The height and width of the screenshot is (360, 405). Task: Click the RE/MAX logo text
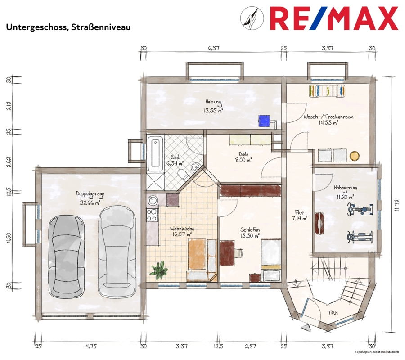334,18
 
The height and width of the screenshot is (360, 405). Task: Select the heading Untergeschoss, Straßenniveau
68,27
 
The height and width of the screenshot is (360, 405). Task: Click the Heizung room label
213,102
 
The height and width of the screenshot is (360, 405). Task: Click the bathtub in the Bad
155,153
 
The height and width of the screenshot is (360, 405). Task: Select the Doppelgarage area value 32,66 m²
90,203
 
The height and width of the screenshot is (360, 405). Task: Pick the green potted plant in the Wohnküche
158,270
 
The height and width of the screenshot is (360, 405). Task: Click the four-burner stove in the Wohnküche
153,215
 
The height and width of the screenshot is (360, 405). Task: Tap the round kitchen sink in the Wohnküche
153,200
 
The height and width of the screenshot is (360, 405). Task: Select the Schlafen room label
250,230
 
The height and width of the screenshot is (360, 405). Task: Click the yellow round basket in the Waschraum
355,156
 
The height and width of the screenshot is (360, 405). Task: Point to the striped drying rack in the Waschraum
327,91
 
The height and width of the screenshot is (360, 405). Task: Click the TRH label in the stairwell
333,312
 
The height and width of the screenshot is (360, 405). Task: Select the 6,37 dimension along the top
213,48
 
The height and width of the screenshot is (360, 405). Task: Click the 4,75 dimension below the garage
91,346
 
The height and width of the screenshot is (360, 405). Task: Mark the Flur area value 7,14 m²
300,219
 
